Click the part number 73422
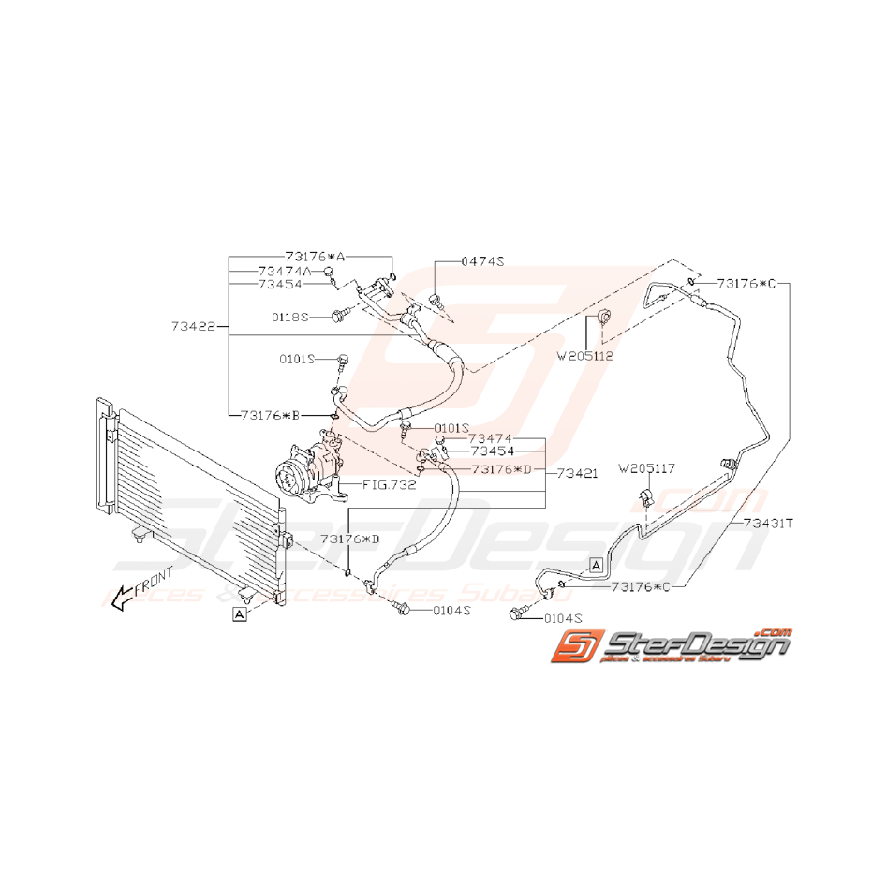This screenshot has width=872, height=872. click(194, 327)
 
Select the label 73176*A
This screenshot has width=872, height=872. click(316, 256)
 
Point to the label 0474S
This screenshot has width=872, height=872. click(482, 262)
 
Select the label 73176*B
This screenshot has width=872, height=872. click(271, 413)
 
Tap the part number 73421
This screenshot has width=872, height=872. click(577, 474)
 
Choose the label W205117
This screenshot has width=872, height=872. click(647, 467)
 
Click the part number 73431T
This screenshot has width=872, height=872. click(768, 525)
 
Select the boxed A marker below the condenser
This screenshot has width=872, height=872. click(240, 614)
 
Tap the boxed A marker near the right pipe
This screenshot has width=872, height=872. click(595, 564)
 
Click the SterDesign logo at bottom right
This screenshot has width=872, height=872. click(672, 645)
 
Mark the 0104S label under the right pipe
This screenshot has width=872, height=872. click(558, 619)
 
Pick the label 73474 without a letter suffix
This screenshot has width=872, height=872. click(491, 438)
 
